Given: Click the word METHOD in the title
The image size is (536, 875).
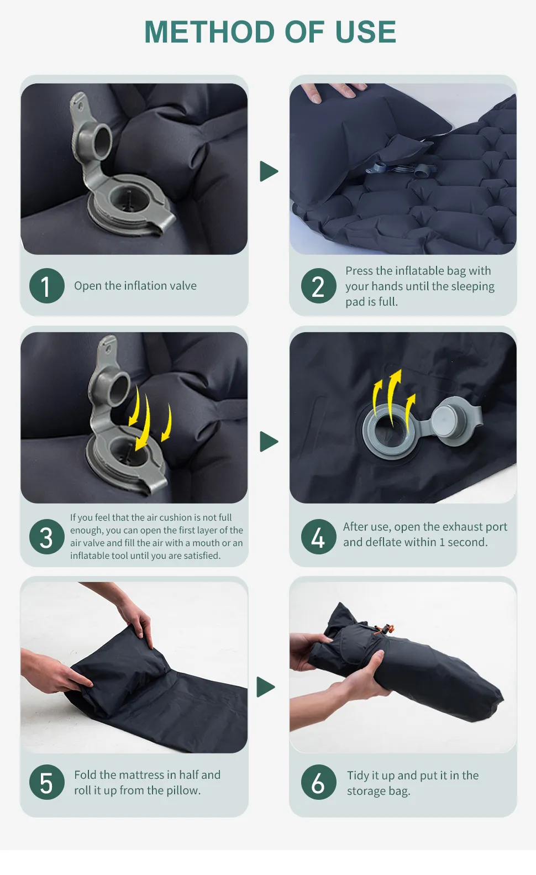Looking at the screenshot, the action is (x=209, y=32).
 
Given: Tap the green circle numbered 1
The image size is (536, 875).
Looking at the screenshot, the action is (x=47, y=286).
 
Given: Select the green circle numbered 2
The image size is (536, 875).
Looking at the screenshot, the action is (x=318, y=286).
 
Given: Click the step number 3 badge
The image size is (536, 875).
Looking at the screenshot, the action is (x=47, y=537).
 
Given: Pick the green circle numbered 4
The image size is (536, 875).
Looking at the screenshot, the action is (x=318, y=537).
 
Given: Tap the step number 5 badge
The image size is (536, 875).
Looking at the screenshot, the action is (x=47, y=783).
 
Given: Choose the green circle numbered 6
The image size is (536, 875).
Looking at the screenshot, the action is (x=318, y=783).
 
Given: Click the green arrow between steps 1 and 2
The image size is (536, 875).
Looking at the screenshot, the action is (x=269, y=171).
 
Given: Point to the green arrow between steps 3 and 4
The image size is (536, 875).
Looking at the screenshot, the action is (x=269, y=442).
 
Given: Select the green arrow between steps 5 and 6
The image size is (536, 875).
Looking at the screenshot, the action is (x=266, y=687).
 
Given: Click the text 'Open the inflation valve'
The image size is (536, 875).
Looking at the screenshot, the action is (x=135, y=286).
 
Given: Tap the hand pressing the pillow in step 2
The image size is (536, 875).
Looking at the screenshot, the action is (x=333, y=91).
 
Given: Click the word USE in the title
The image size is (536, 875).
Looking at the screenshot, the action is (x=365, y=32).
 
